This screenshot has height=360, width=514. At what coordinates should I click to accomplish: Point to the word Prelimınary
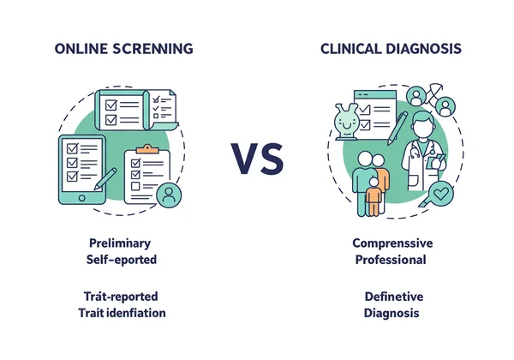123,243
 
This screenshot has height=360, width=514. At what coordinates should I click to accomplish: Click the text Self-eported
122,259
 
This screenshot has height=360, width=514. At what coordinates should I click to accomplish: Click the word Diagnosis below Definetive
391,313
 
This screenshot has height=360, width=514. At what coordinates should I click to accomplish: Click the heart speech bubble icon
441,195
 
